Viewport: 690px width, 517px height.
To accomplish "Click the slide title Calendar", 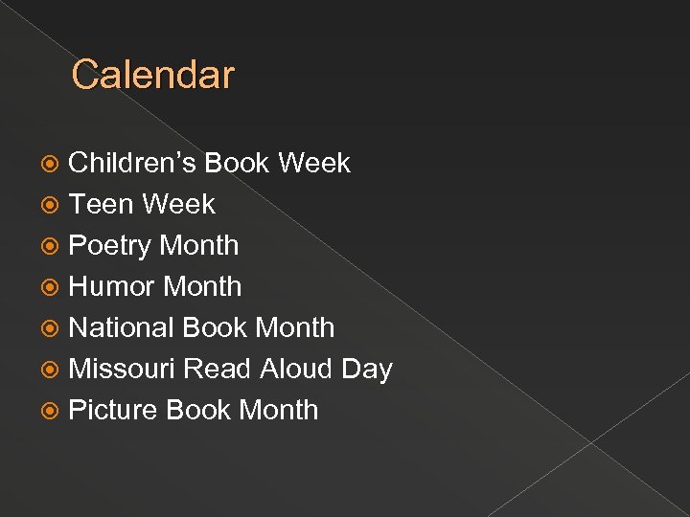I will click(x=152, y=75).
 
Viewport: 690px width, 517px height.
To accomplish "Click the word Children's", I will click(x=132, y=164).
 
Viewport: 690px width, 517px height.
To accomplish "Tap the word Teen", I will click(x=102, y=205).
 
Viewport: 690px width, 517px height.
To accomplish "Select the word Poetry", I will click(x=110, y=246).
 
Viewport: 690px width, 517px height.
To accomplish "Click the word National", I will click(x=122, y=328).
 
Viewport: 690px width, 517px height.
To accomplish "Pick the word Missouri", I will click(x=122, y=370).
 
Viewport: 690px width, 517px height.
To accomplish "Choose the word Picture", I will click(x=113, y=411).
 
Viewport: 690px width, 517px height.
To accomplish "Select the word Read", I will click(x=218, y=370).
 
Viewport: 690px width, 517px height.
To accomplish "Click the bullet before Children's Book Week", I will click(x=55, y=165).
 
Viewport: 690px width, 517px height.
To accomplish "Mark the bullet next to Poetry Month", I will click(x=55, y=247).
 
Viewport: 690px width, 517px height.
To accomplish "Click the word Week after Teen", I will click(x=179, y=205).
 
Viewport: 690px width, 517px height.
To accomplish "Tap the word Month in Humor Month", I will click(x=203, y=287).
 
